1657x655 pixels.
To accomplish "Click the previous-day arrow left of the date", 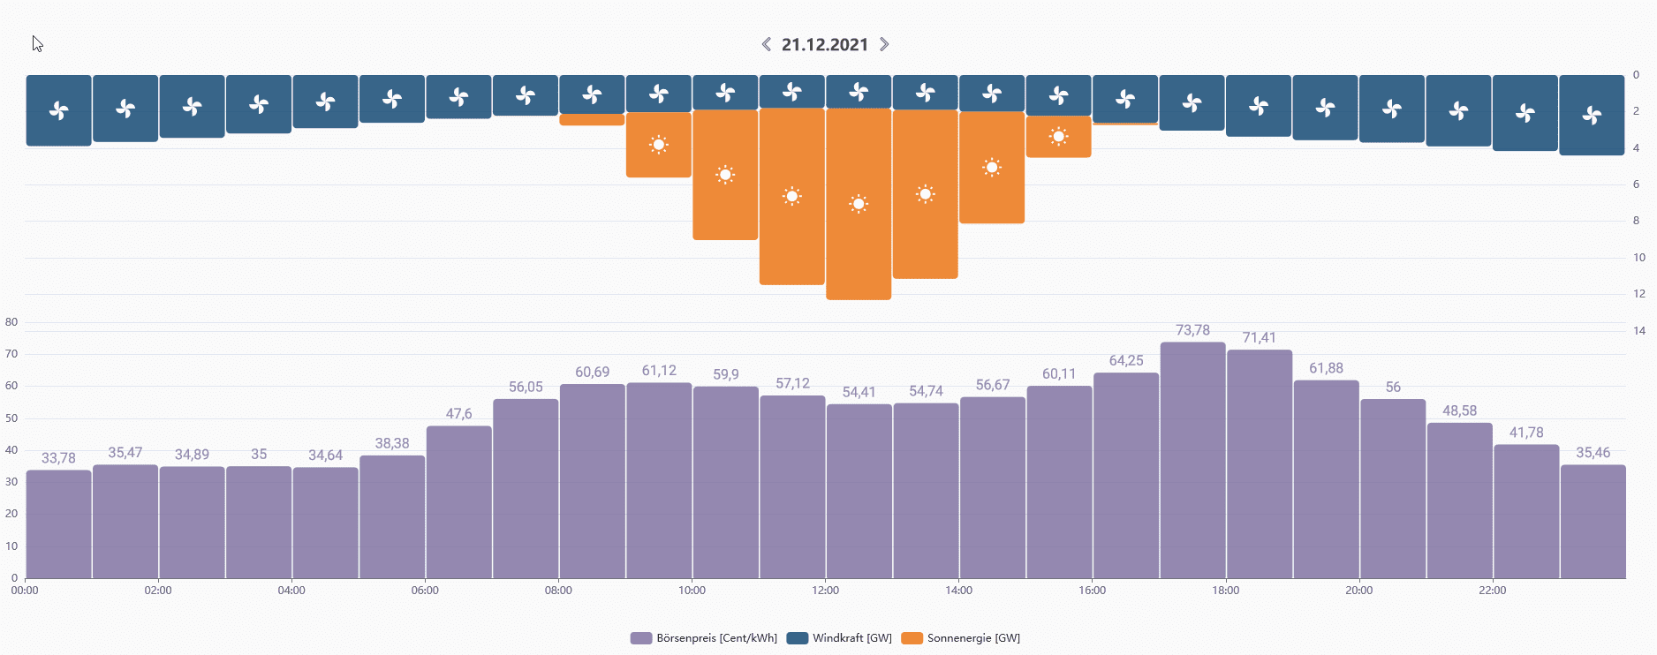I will point(767,44).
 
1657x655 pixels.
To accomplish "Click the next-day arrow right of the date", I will point(884,44).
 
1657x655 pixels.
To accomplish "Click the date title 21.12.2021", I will point(825,45).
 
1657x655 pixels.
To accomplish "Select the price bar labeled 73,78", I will point(1192,459).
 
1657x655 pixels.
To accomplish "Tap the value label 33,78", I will point(58,458).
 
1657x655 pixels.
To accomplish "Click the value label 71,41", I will point(1259,337).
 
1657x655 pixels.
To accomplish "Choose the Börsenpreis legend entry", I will point(704,638).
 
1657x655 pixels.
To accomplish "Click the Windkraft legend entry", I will point(839,638).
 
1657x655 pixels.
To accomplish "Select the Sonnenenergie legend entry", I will point(961,638).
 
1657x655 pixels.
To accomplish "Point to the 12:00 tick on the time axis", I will point(825,590).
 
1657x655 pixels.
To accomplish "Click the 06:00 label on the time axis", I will point(425,590).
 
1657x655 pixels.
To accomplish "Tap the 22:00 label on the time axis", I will point(1492,590).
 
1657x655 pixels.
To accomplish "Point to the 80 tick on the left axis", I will point(11,322).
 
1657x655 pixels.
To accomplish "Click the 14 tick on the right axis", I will point(1639,330).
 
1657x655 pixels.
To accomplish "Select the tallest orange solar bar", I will point(859,247).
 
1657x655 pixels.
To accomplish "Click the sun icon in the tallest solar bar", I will point(859,204).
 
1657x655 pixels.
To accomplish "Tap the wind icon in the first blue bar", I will point(58,110).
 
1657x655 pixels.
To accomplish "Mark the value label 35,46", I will point(1593,453).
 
